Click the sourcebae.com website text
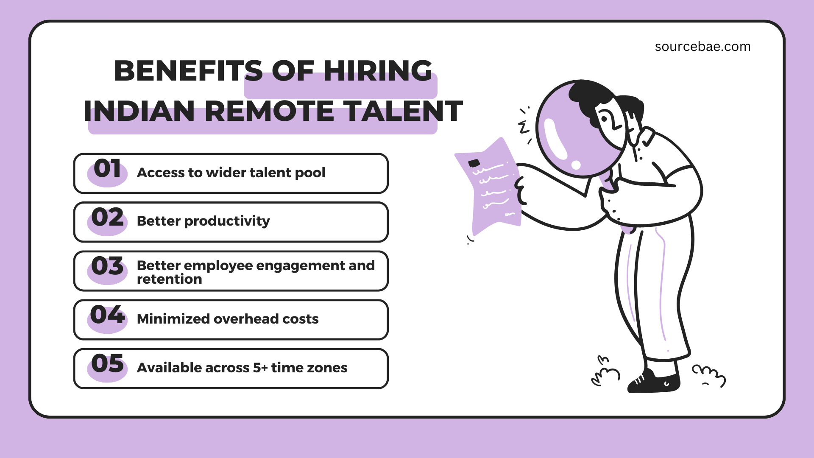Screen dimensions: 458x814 click(x=702, y=47)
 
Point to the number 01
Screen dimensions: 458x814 click(x=107, y=169)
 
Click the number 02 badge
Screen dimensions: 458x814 click(x=107, y=218)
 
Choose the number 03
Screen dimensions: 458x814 click(x=107, y=266)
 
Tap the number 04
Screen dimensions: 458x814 click(x=107, y=315)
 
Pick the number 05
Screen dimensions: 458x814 click(x=107, y=364)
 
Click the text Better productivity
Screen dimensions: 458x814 click(x=203, y=221)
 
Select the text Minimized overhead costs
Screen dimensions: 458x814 click(x=227, y=319)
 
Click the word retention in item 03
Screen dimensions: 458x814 click(x=169, y=279)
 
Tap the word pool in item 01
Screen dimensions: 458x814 click(x=310, y=173)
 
